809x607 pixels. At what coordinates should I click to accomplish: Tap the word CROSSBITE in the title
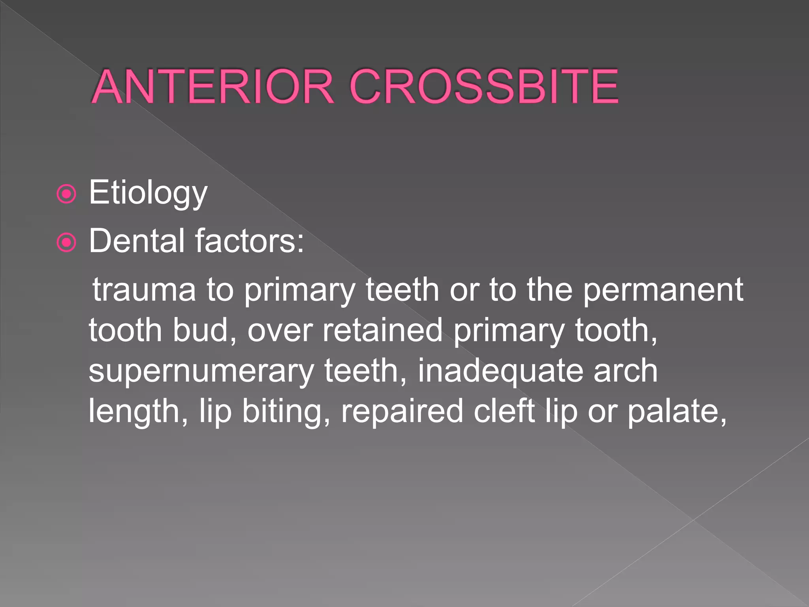[x=484, y=87]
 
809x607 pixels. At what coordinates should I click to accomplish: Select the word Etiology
[x=148, y=192]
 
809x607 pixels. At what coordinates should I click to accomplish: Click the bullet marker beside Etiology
[x=66, y=194]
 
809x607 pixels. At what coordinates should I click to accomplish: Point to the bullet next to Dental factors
[x=66, y=242]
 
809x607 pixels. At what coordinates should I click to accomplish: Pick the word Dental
[x=137, y=241]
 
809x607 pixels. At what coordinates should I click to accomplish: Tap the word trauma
[x=144, y=290]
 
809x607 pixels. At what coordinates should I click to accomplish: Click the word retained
[x=382, y=330]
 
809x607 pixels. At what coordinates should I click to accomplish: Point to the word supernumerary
[x=201, y=371]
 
